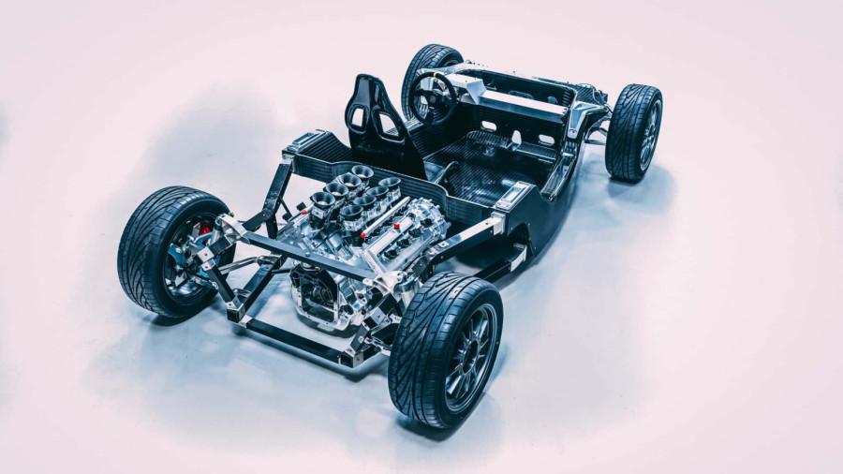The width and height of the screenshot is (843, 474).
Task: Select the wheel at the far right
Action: coord(633,132)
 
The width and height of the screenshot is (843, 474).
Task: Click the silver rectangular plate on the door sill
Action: coord(512,195)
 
